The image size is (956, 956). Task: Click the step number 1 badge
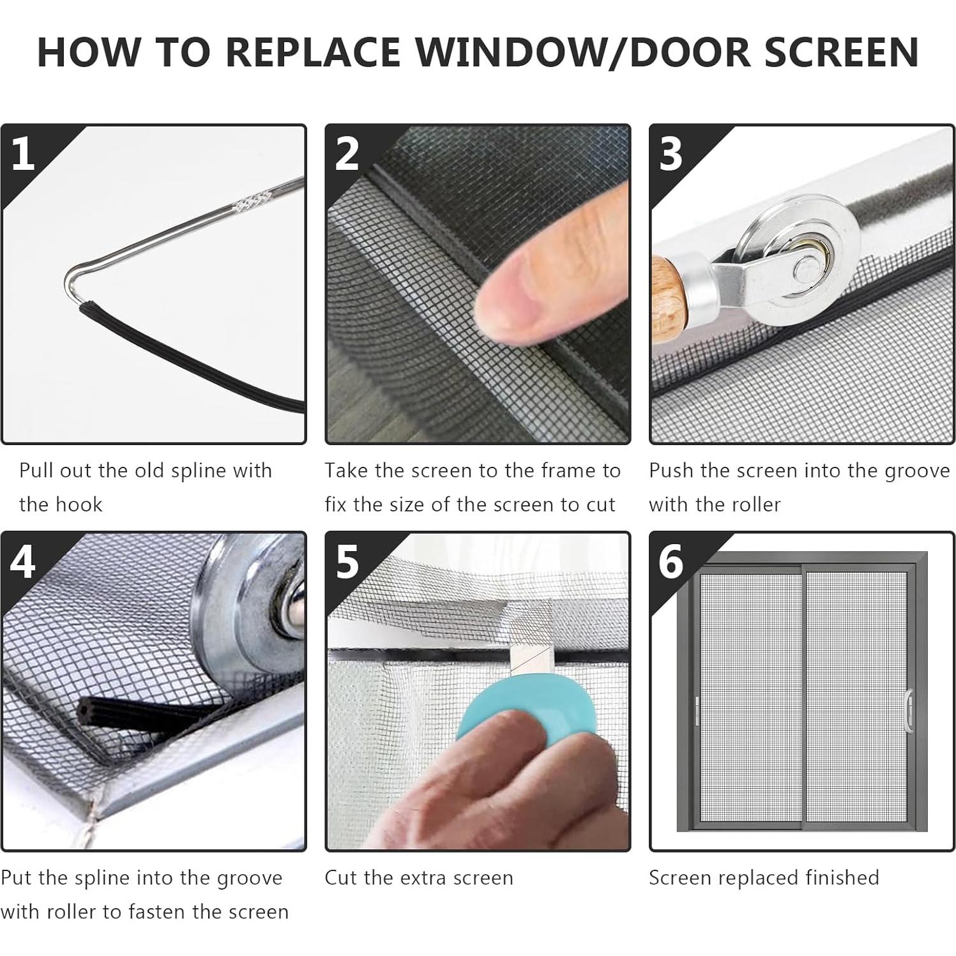tap(22, 154)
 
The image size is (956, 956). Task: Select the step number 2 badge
tap(347, 154)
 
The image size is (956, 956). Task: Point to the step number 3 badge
tap(671, 154)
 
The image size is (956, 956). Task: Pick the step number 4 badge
tap(23, 561)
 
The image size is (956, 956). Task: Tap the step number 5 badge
tap(347, 561)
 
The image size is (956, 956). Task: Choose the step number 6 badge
tap(671, 561)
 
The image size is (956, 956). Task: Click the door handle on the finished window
tap(908, 710)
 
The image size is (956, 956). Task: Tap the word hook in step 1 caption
tap(79, 505)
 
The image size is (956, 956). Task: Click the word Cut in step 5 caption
tap(342, 877)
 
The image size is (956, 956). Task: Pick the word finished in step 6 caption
tap(841, 877)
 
